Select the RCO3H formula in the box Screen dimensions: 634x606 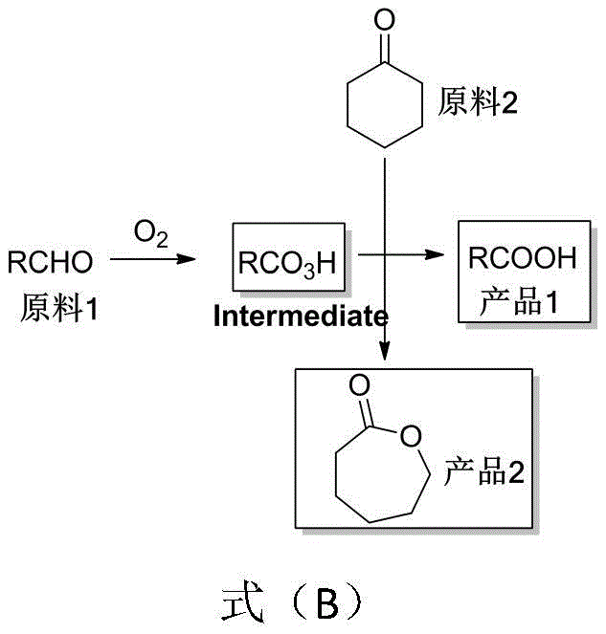[287, 261]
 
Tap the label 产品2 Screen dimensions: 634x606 [483, 470]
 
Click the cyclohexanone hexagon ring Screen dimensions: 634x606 [385, 104]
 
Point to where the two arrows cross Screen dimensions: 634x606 [385, 255]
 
